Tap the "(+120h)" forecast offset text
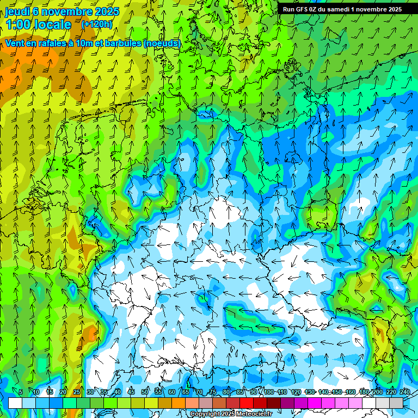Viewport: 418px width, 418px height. tap(97, 24)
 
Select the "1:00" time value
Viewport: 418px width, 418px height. tap(17, 24)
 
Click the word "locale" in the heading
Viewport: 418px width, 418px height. tap(52, 24)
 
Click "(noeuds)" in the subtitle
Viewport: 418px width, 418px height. tap(162, 43)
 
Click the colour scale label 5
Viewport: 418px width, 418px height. tap(21, 392)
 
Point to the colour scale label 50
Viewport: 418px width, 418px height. tap(145, 392)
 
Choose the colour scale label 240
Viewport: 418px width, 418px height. tap(404, 392)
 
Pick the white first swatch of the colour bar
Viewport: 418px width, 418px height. tap(15, 403)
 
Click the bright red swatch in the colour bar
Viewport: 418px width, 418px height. tap(247, 403)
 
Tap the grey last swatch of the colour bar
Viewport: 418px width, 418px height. tap(396, 403)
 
